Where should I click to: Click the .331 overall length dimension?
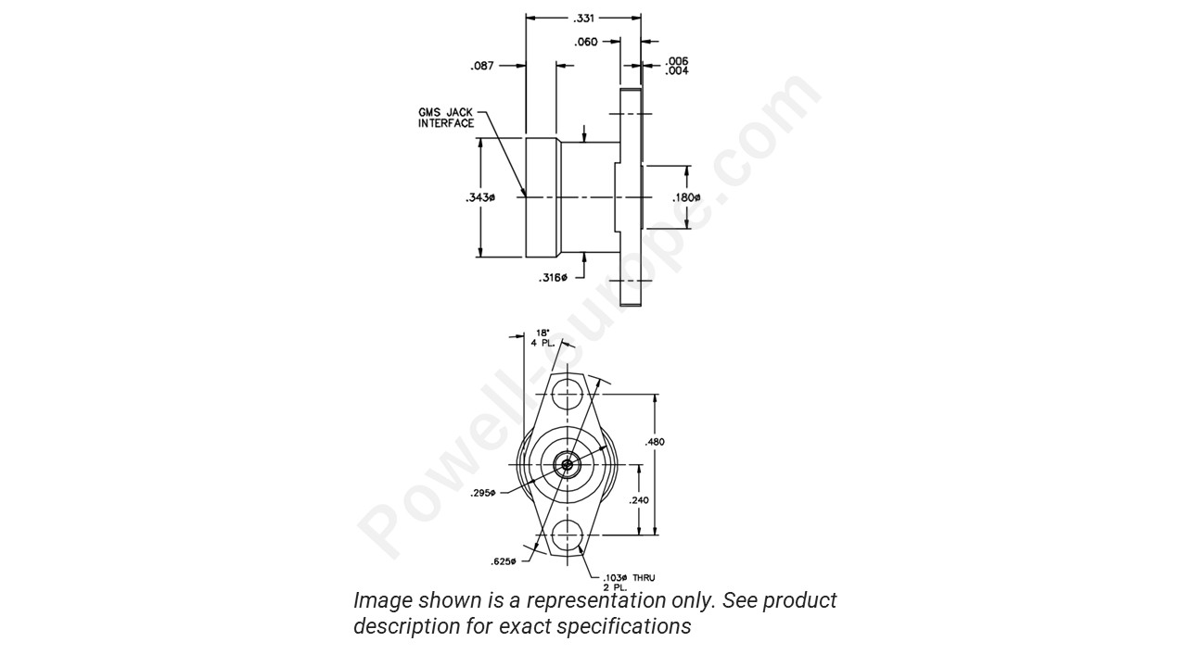pyautogui.click(x=584, y=18)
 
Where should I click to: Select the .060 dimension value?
pyautogui.click(x=586, y=42)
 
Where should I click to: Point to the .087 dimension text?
pyautogui.click(x=482, y=66)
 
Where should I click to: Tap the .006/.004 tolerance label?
pyautogui.click(x=677, y=66)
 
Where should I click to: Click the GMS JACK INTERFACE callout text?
pyautogui.click(x=446, y=118)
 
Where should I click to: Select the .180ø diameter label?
pyautogui.click(x=686, y=197)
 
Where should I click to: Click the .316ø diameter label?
pyautogui.click(x=554, y=278)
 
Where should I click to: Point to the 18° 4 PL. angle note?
pyautogui.click(x=542, y=338)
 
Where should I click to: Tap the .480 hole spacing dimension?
pyautogui.click(x=655, y=442)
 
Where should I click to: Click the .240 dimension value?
pyautogui.click(x=640, y=500)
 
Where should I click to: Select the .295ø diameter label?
pyautogui.click(x=509, y=492)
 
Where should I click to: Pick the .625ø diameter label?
pyautogui.click(x=504, y=561)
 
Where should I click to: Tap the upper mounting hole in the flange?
pyautogui.click(x=567, y=395)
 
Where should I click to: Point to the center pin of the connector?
pyautogui.click(x=566, y=465)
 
